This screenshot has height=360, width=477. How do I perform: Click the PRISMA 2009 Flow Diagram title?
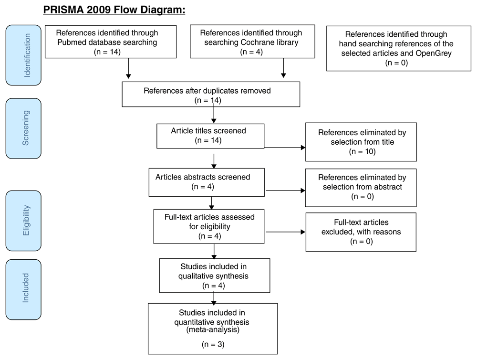click(114, 10)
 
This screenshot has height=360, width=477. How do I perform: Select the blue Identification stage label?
click(23, 55)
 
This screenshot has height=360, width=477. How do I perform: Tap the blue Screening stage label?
click(23, 128)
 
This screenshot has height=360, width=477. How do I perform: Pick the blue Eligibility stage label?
click(23, 221)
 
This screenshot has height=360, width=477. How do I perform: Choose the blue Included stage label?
click(23, 289)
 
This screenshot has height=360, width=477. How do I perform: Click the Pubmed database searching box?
click(111, 42)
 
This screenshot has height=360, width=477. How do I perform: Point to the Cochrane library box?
click(252, 42)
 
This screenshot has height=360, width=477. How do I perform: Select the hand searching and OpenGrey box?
click(399, 48)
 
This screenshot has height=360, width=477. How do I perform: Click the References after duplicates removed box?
click(211, 94)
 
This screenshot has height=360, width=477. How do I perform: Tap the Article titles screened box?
click(210, 136)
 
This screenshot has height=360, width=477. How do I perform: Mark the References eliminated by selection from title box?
click(361, 142)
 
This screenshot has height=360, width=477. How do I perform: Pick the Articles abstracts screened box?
click(207, 182)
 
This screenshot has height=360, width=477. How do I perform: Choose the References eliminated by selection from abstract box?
click(361, 188)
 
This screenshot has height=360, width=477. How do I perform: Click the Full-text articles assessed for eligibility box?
click(209, 226)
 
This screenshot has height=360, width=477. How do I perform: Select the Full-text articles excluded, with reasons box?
click(361, 232)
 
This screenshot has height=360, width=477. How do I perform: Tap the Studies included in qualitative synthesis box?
click(215, 275)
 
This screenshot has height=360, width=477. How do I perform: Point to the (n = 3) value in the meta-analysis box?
click(213, 344)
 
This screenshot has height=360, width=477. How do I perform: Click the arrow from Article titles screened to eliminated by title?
click(285, 148)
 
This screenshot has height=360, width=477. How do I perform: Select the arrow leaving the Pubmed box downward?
click(128, 69)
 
